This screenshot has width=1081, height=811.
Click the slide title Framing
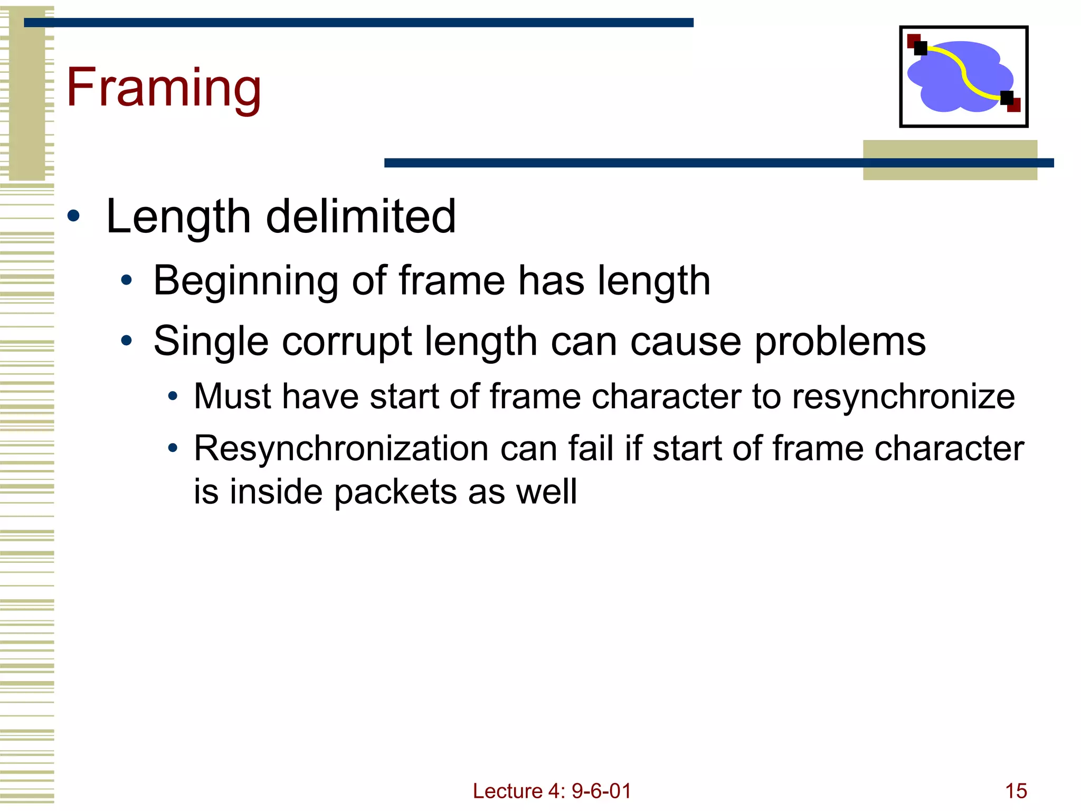[164, 88]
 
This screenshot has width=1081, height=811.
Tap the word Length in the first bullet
[178, 216]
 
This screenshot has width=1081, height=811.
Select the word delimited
[361, 216]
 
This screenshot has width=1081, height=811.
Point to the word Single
[211, 342]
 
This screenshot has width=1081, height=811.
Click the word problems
[840, 342]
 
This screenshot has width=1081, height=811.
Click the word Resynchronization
[341, 449]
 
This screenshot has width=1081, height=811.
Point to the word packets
[395, 492]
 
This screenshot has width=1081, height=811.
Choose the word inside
[276, 492]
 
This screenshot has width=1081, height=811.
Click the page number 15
[1016, 791]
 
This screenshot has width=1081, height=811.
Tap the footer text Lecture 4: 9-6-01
[552, 791]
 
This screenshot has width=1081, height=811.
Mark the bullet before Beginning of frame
[126, 280]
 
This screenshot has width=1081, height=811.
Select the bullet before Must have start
[173, 397]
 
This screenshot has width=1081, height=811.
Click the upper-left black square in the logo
[921, 48]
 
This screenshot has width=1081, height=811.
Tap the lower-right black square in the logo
[1007, 98]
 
